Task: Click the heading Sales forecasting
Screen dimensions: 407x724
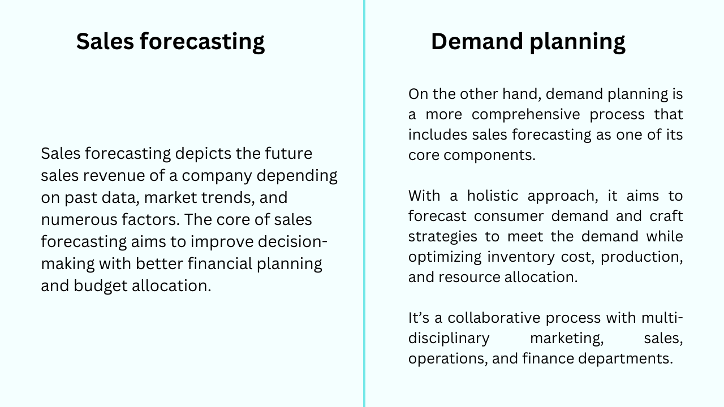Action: pyautogui.click(x=170, y=42)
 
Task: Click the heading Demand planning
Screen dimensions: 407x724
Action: pyautogui.click(x=528, y=42)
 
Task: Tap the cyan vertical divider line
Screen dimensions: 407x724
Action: pyautogui.click(x=364, y=203)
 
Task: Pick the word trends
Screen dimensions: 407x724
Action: pyautogui.click(x=218, y=198)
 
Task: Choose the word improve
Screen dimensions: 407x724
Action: pyautogui.click(x=222, y=241)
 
